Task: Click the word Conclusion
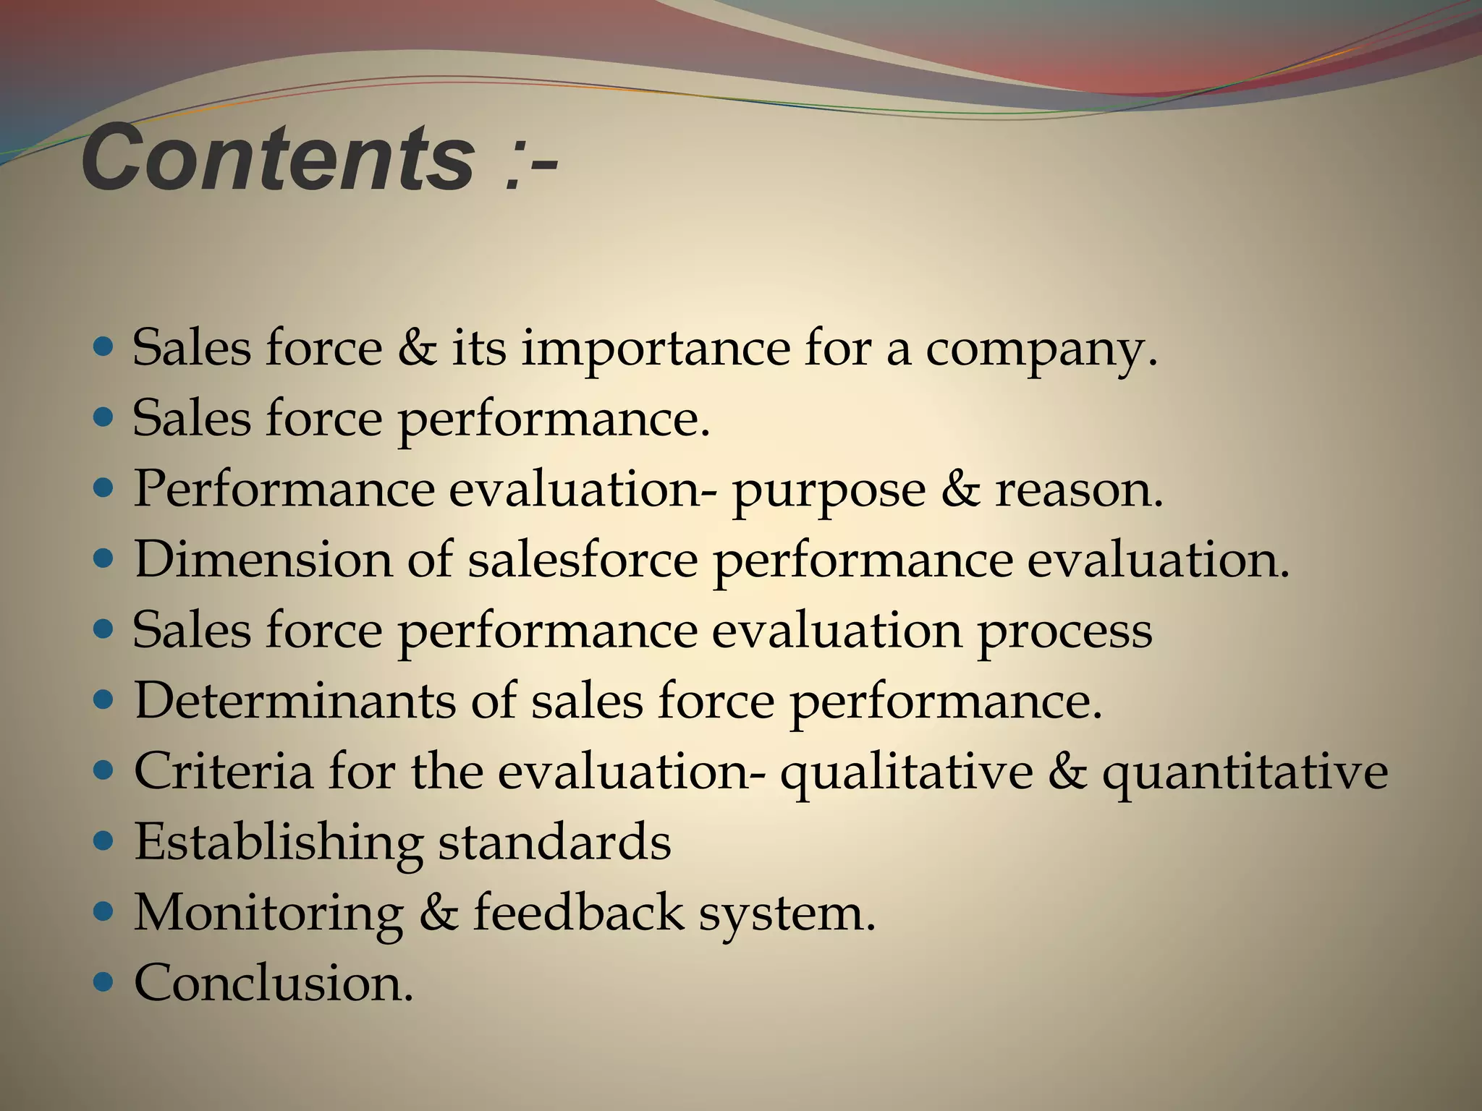(x=274, y=984)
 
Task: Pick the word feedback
(x=578, y=913)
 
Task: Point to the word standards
(x=555, y=842)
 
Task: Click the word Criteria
(x=224, y=771)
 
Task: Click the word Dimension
(x=263, y=560)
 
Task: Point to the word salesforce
(x=583, y=560)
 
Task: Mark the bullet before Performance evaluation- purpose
(x=105, y=488)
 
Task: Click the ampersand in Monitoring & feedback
(x=439, y=913)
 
